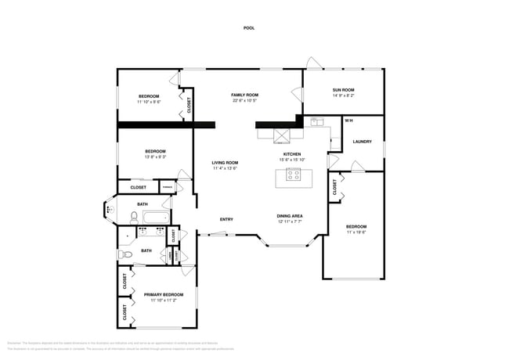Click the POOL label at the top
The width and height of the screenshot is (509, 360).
point(249,28)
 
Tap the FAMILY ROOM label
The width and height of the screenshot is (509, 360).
point(244,95)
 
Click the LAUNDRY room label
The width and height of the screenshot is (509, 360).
point(362,142)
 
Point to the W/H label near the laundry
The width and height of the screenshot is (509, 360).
point(348,121)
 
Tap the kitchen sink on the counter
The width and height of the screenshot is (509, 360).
point(316,122)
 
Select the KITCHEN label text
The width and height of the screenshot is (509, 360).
point(292,154)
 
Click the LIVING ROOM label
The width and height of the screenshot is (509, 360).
point(225,163)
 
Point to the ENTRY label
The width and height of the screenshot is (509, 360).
point(226,219)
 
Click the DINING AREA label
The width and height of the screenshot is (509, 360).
point(290,216)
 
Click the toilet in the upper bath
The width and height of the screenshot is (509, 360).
point(134,216)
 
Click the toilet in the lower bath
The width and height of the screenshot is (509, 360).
point(124,254)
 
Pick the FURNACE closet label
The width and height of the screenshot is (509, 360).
point(167,186)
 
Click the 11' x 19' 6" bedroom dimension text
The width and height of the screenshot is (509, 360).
point(356,232)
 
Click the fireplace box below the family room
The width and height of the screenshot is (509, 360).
point(281,135)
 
